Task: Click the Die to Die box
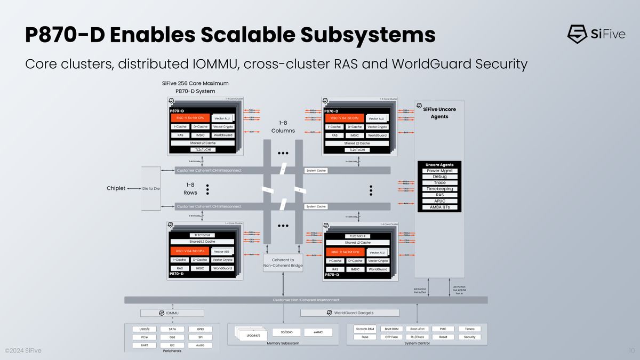click(151, 188)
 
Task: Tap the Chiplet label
click(116, 188)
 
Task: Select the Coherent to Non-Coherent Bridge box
click(283, 262)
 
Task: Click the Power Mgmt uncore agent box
click(440, 171)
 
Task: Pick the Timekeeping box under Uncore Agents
click(440, 189)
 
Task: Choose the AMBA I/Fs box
click(440, 207)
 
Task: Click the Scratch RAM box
click(365, 329)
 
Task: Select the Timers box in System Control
click(469, 329)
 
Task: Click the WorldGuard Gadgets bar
click(350, 313)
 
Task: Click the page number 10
click(631, 350)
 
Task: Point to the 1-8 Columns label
click(283, 126)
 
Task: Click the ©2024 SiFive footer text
click(23, 350)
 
